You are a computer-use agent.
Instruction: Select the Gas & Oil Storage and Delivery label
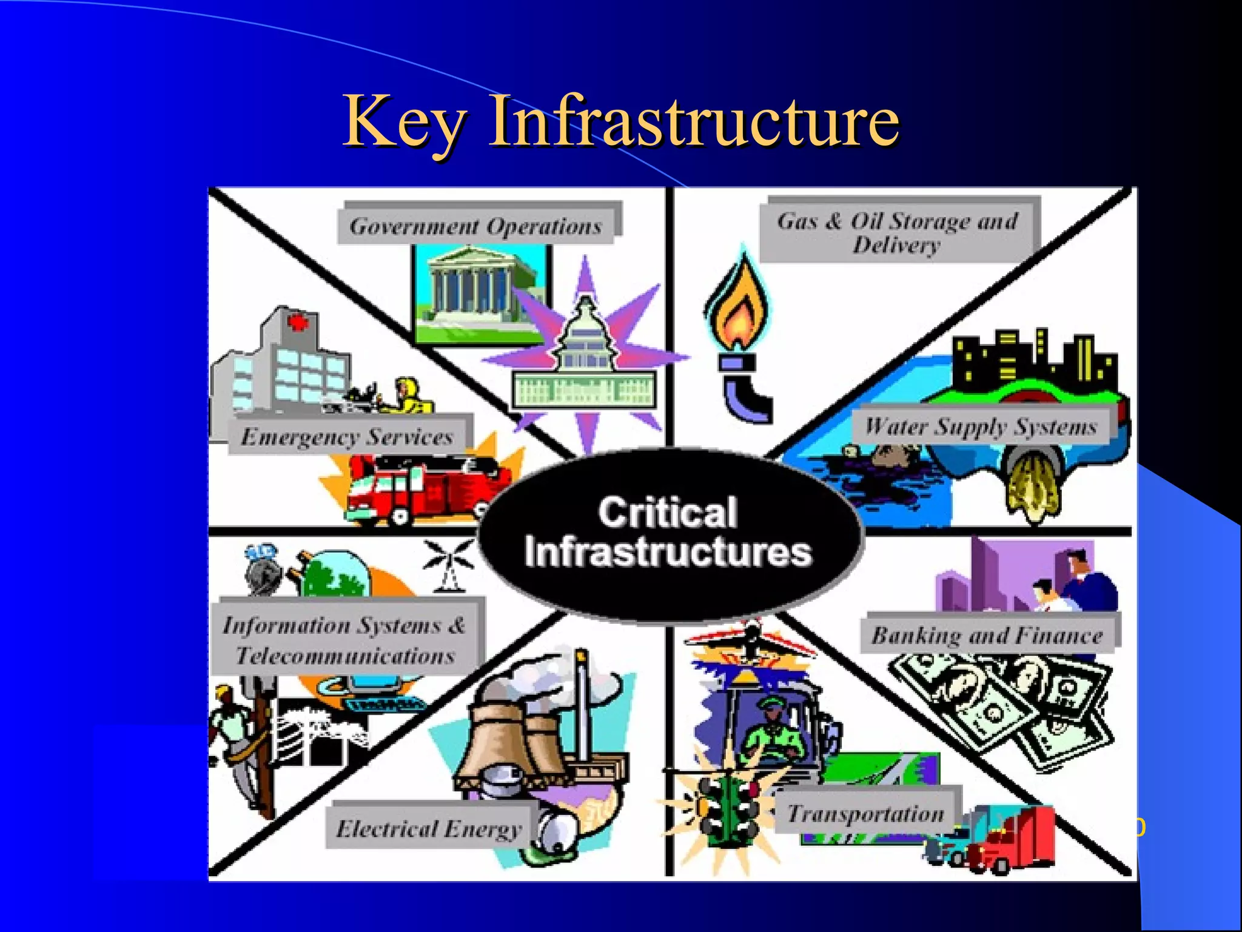click(x=898, y=232)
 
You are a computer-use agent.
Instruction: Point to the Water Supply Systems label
click(x=981, y=426)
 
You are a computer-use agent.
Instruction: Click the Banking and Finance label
click(x=987, y=635)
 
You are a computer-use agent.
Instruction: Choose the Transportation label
click(x=866, y=813)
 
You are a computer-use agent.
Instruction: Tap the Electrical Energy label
click(x=429, y=828)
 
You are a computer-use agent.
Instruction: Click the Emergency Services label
click(x=347, y=436)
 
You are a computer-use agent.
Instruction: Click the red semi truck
click(x=1019, y=837)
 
